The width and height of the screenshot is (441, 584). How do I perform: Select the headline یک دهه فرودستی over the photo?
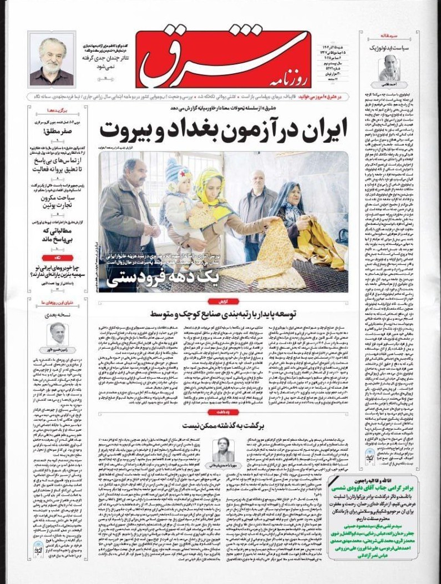tap(159, 275)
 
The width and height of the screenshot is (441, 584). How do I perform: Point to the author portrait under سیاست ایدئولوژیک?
tap(388, 67)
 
